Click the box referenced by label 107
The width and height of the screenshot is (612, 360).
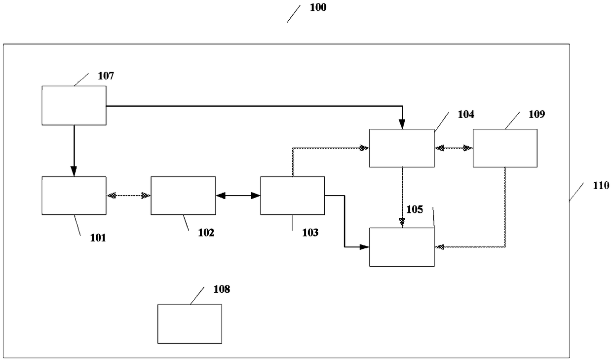(74, 105)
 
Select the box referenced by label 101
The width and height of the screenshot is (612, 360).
(74, 196)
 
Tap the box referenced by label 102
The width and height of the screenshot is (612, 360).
(183, 196)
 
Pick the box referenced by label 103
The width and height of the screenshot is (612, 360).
(293, 196)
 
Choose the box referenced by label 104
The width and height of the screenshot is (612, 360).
(402, 148)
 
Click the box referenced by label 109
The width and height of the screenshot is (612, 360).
(505, 148)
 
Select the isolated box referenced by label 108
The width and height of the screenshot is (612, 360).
(190, 323)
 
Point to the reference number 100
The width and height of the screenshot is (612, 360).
(318, 8)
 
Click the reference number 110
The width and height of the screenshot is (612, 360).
(601, 186)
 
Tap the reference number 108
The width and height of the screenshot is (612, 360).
(222, 289)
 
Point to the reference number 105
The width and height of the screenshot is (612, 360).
(415, 209)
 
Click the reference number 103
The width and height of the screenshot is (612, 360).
(310, 233)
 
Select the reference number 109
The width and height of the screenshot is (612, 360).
(536, 115)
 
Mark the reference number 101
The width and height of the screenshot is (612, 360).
(98, 238)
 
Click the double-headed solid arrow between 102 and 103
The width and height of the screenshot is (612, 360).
(238, 196)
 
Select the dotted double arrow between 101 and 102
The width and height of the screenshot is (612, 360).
(128, 196)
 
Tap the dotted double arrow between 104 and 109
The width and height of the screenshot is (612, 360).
(454, 148)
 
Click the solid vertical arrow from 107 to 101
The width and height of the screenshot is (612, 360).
(74, 151)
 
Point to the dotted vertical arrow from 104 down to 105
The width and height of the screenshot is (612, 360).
(402, 197)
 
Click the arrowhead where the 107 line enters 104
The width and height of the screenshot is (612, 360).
(402, 125)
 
